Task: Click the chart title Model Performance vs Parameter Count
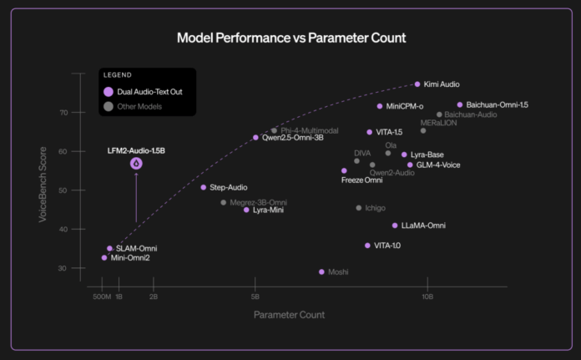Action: click(290, 38)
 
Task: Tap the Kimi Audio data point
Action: click(417, 84)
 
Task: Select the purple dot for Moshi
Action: click(321, 271)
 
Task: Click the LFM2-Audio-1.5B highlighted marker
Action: click(136, 165)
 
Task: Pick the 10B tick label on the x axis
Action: click(427, 297)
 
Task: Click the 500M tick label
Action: click(102, 297)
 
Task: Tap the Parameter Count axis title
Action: click(289, 315)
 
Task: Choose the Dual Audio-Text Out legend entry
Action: click(140, 93)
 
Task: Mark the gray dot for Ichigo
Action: click(359, 208)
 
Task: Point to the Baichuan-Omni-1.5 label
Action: click(498, 105)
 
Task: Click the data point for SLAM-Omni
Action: click(109, 248)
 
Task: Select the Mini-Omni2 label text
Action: click(130, 258)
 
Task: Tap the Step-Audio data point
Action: click(203, 187)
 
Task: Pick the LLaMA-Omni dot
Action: click(395, 226)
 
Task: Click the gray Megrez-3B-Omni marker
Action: click(223, 202)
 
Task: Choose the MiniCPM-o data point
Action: click(380, 106)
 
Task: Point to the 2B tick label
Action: click(154, 297)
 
